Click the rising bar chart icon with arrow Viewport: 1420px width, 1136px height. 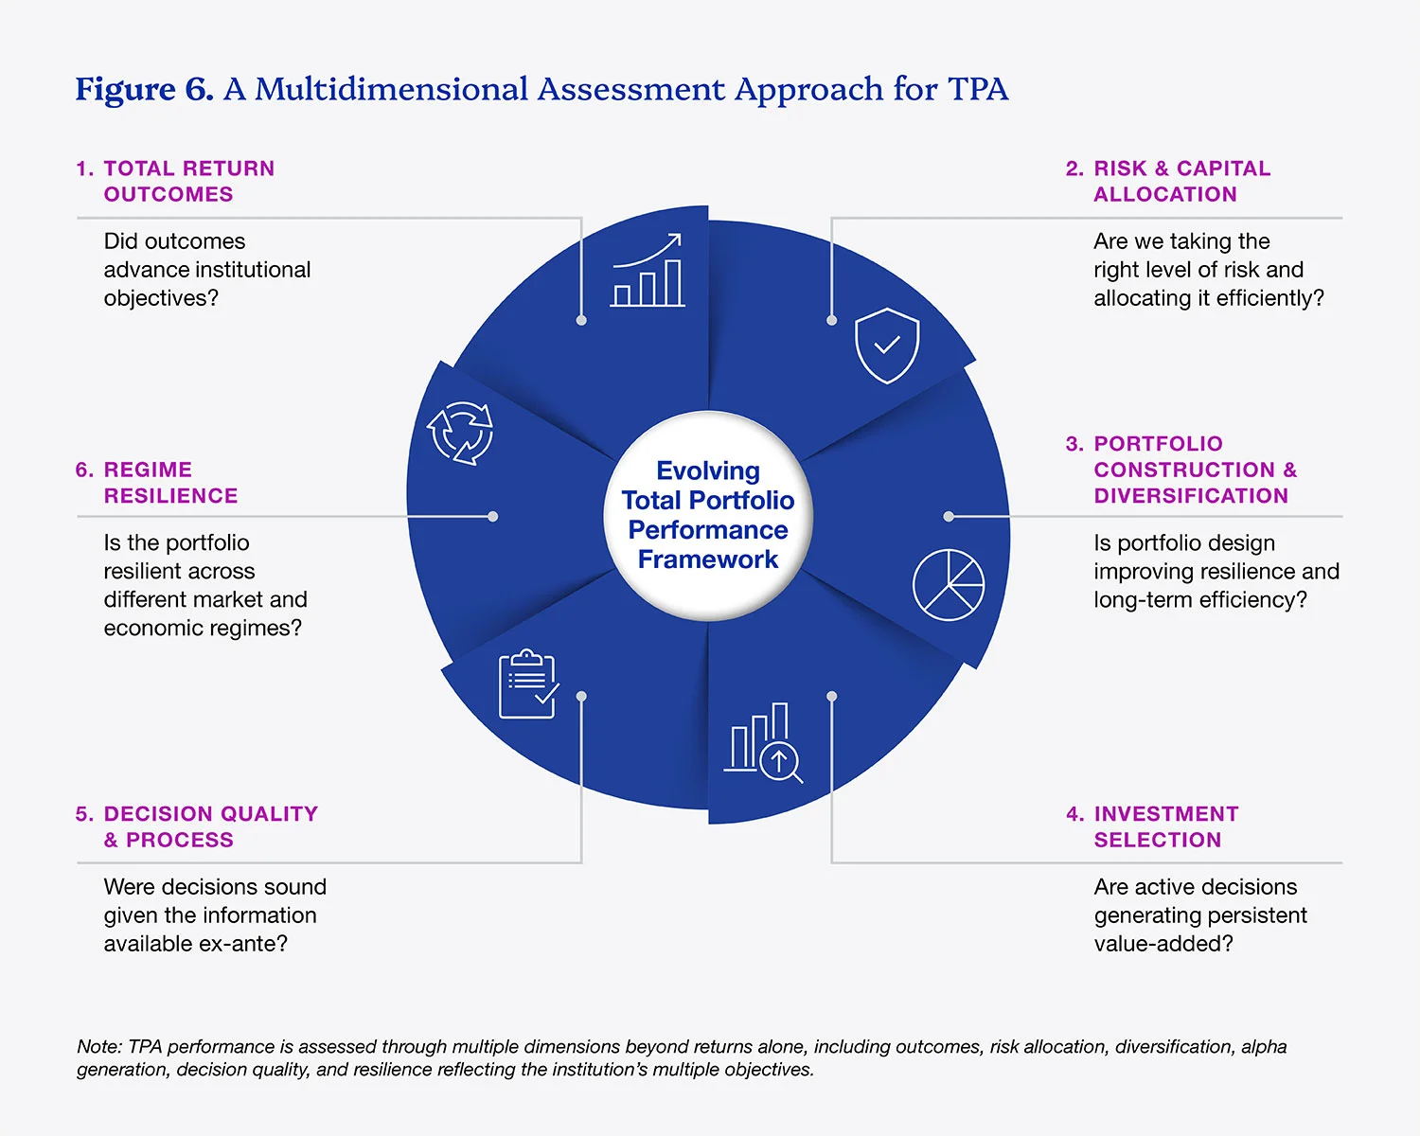648,270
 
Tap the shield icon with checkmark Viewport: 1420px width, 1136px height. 887,346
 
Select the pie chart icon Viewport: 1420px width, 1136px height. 949,585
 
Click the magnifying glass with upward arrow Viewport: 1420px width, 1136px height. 781,762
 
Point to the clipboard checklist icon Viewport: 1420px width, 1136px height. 528,683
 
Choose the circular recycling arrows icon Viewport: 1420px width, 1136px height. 460,433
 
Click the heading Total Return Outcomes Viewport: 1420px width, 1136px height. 175,181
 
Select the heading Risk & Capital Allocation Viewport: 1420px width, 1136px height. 1168,181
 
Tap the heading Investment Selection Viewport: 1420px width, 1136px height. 1152,826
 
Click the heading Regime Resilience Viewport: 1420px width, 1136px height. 156,483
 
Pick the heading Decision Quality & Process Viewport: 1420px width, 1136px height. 197,826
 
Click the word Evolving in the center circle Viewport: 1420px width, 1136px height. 708,471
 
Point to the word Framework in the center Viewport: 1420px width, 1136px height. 708,559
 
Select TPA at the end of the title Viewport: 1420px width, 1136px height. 978,89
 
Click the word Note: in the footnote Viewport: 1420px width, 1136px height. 99,1046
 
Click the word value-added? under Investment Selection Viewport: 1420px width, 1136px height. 1163,944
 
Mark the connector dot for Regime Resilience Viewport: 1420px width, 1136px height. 493,516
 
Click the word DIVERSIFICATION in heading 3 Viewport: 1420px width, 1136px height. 1191,496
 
